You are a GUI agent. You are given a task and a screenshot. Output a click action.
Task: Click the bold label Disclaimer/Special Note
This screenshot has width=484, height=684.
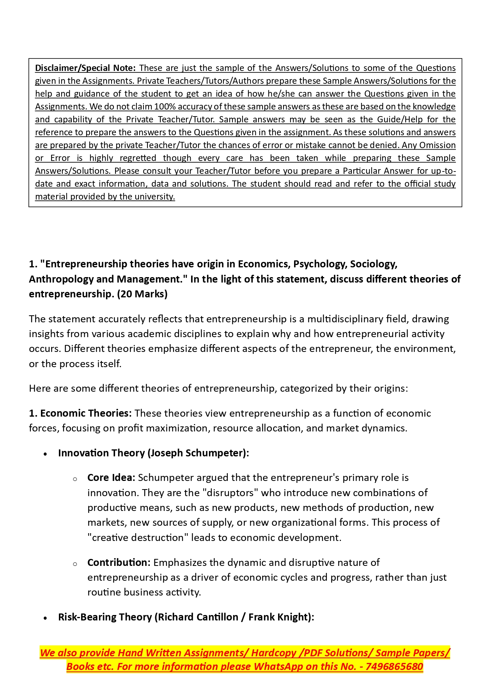click(x=85, y=68)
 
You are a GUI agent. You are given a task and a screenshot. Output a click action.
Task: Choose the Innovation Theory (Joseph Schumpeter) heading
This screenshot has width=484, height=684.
click(x=153, y=453)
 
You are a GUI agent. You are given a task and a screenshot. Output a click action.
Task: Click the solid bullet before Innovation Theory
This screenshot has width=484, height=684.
click(x=46, y=454)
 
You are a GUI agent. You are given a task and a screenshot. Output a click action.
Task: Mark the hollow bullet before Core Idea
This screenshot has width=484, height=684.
click(x=75, y=479)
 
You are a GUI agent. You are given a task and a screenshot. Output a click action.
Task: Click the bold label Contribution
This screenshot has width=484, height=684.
click(x=119, y=562)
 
